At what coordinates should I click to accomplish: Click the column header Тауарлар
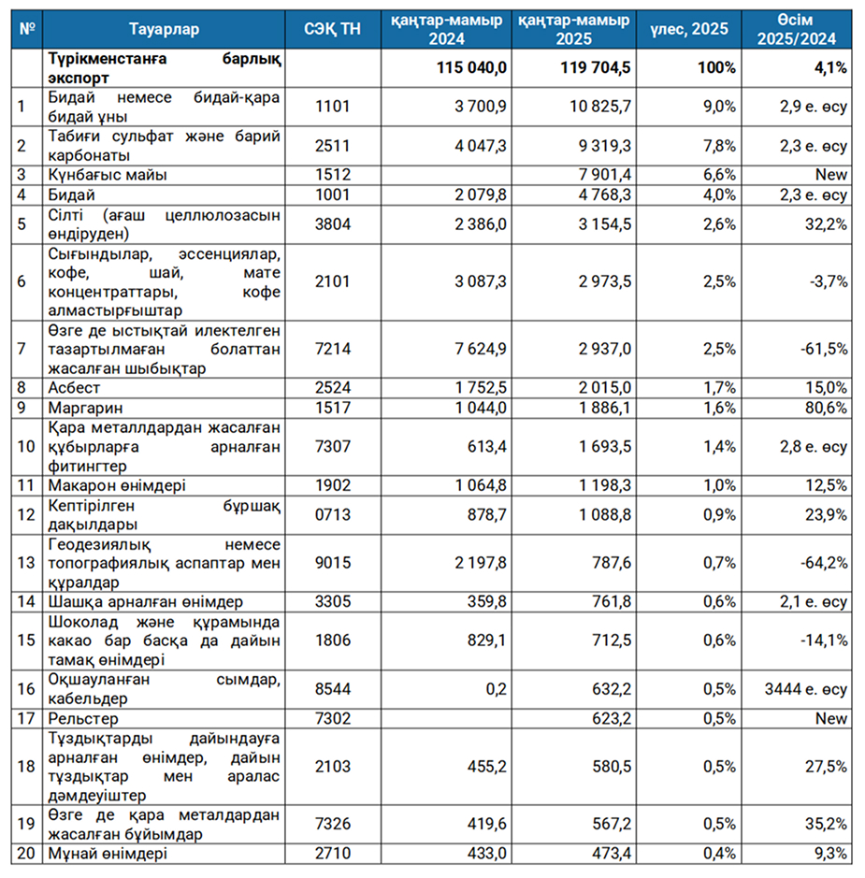point(164,29)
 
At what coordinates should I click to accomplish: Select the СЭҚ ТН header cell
point(333,29)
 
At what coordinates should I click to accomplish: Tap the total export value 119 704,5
point(595,67)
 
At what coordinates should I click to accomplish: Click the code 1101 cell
point(333,106)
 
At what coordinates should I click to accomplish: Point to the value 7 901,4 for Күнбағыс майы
point(605,175)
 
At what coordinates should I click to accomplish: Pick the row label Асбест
point(74,387)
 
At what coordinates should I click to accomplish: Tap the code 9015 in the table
point(333,562)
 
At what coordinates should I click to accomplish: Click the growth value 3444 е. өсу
point(806,689)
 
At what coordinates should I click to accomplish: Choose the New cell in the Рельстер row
point(831,718)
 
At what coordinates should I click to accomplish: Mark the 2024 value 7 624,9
point(481,349)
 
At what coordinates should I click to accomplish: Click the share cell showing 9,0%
point(719,106)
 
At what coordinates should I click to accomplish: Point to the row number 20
point(26,854)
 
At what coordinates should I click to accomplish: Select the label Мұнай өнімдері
point(108,854)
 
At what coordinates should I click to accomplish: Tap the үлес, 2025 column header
point(689,29)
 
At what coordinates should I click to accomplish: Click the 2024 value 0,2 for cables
point(496,689)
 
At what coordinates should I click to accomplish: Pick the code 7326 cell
point(333,824)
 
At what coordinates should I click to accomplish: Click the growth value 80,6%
point(827,408)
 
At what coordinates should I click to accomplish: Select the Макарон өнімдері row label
point(117,485)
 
